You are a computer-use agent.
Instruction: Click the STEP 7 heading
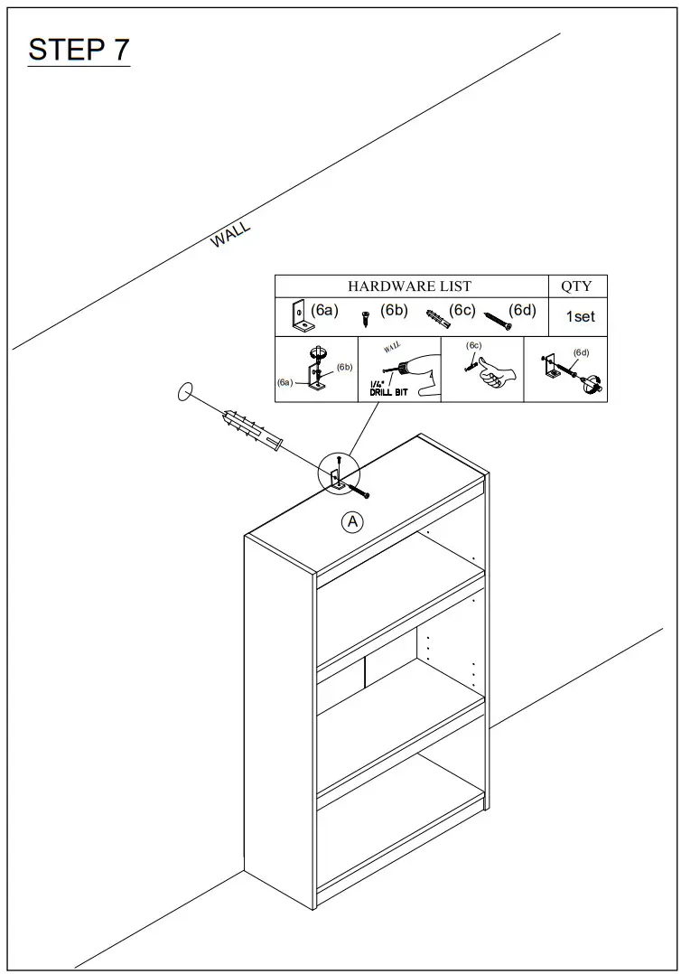79,50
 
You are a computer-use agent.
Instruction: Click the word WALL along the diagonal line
230,235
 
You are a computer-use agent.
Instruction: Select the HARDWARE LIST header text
409,286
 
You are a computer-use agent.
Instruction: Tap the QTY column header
576,286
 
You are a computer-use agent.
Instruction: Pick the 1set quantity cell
580,317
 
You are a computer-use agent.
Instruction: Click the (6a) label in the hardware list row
324,311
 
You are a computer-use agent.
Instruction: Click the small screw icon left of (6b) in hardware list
366,319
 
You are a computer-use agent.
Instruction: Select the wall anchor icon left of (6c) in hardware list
437,316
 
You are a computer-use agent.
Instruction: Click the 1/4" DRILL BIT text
388,389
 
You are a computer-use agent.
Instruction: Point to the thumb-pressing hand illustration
492,373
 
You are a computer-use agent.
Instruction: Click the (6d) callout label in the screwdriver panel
581,352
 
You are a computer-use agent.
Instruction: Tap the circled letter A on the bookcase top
351,521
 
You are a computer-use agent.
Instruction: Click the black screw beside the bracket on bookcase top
359,492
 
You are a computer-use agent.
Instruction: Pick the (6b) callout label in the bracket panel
344,367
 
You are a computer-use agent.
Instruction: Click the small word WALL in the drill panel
393,346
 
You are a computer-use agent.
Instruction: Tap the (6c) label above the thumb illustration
474,345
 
